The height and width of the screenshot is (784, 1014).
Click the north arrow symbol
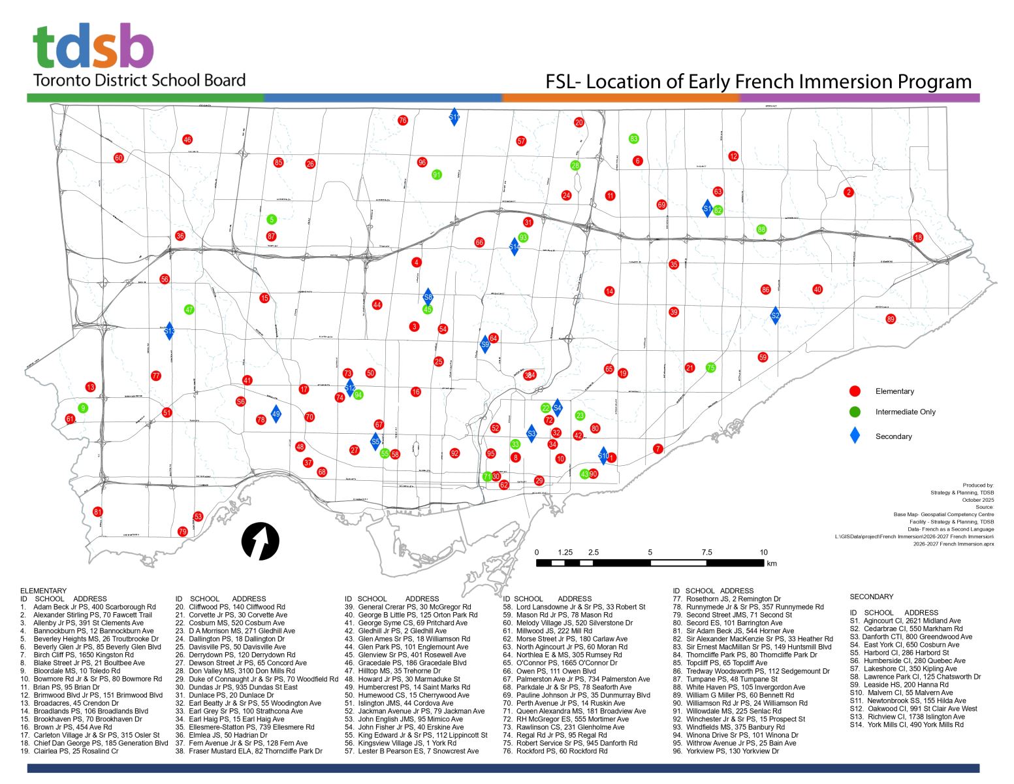(x=261, y=542)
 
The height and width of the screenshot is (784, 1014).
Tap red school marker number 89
(x=891, y=319)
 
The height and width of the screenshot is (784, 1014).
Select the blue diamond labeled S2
(x=776, y=316)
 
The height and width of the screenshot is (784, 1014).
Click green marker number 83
(x=633, y=139)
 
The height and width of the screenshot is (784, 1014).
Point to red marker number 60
(x=118, y=157)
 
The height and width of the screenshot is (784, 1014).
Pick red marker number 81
(x=98, y=512)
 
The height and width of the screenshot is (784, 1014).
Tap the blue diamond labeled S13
(x=169, y=331)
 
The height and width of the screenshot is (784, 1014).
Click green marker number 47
(x=189, y=310)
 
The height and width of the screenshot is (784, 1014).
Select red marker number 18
(x=918, y=237)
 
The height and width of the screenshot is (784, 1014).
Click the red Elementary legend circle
(x=855, y=391)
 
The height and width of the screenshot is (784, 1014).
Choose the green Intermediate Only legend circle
(x=855, y=412)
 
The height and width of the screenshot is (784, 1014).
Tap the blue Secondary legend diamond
(x=855, y=436)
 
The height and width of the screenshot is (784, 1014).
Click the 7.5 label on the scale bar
(x=706, y=553)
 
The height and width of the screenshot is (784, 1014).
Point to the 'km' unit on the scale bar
(x=772, y=564)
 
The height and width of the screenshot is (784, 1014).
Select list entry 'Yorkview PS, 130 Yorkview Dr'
(x=733, y=751)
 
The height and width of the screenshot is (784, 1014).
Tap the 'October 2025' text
(x=978, y=500)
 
